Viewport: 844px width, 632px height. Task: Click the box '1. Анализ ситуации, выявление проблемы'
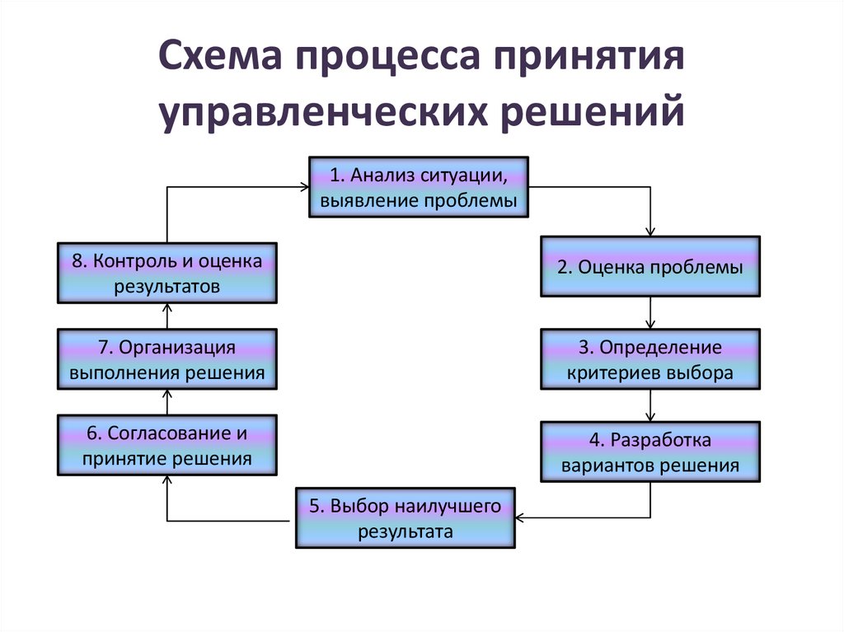pyautogui.click(x=418, y=187)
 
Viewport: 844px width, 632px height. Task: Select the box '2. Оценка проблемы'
pyautogui.click(x=650, y=266)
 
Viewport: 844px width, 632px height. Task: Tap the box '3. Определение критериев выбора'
pyautogui.click(x=650, y=359)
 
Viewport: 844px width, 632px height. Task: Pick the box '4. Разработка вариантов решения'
pyautogui.click(x=650, y=452)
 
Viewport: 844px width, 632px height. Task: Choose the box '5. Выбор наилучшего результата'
pyautogui.click(x=406, y=518)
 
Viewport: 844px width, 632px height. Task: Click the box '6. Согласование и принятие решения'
pyautogui.click(x=166, y=446)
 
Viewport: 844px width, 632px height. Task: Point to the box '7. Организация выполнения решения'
pyautogui.click(x=166, y=359)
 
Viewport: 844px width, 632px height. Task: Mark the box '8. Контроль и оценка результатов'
pyautogui.click(x=166, y=273)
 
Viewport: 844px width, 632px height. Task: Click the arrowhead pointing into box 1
pyautogui.click(x=302, y=187)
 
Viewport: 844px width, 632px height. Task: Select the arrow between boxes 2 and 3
pyautogui.click(x=650, y=313)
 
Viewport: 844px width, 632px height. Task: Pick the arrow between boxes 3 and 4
pyautogui.click(x=650, y=406)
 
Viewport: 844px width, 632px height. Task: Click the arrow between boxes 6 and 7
pyautogui.click(x=166, y=402)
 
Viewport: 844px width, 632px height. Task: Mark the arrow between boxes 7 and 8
pyautogui.click(x=166, y=316)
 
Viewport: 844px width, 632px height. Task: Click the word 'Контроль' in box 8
pyautogui.click(x=132, y=261)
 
